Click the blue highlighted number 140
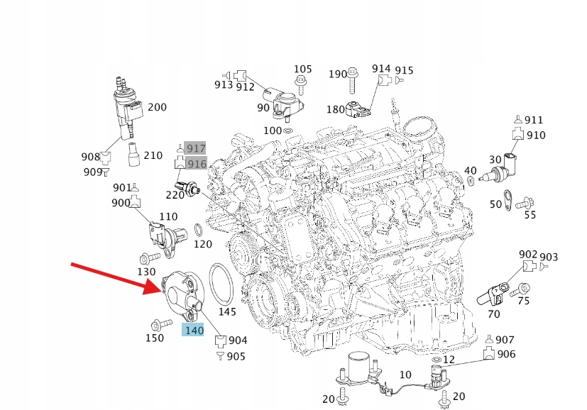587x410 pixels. click(x=193, y=330)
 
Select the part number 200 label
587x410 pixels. click(x=158, y=107)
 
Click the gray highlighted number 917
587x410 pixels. click(x=196, y=148)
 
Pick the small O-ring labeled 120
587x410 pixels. click(x=199, y=230)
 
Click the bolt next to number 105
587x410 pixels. click(x=300, y=85)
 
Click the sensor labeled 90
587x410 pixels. click(x=287, y=106)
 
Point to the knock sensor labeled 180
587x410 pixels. click(x=358, y=109)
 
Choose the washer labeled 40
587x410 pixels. click(x=471, y=182)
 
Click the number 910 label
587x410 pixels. click(x=536, y=135)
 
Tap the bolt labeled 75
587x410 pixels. click(x=520, y=290)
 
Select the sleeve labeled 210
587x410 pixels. click(x=133, y=154)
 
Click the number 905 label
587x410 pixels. click(x=236, y=356)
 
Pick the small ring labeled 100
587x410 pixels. click(x=288, y=131)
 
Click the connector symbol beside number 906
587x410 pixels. click(x=488, y=353)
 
